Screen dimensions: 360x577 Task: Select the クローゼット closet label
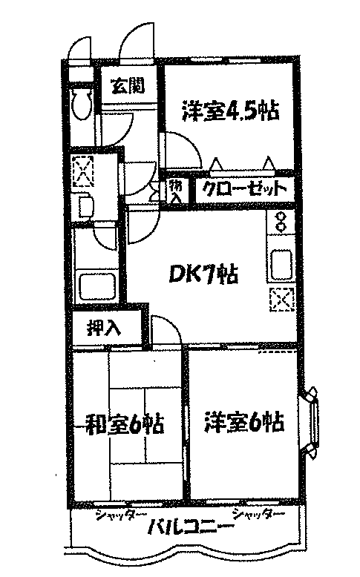[245, 190]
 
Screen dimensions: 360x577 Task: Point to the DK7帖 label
[203, 274]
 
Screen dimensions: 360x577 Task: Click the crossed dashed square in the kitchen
[282, 298]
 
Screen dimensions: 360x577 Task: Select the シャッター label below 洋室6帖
[258, 514]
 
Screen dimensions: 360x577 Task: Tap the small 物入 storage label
[176, 191]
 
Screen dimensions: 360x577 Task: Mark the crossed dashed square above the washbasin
[83, 171]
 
